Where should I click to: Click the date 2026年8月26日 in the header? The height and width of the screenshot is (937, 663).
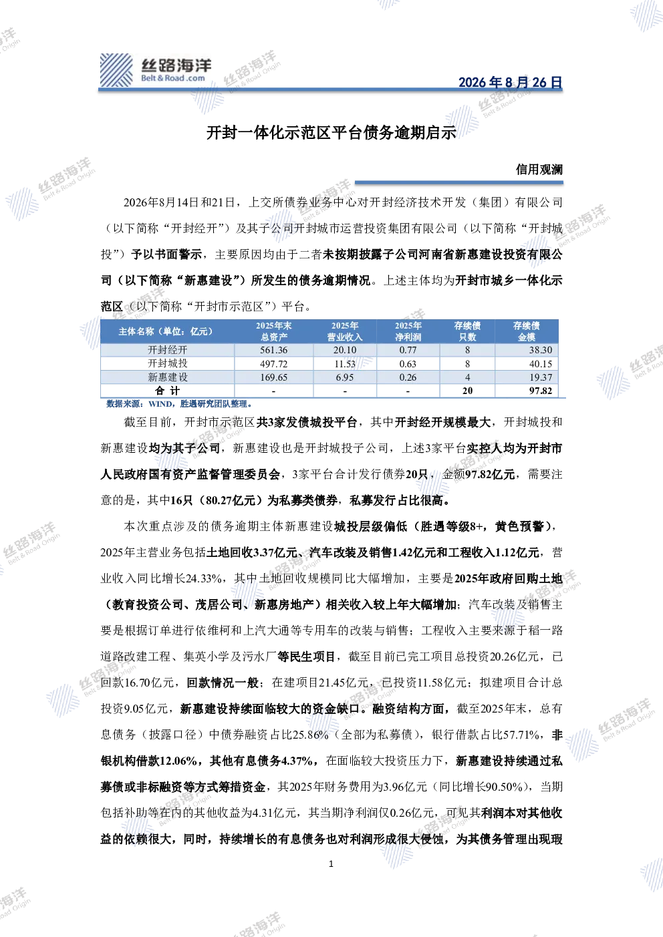(510, 82)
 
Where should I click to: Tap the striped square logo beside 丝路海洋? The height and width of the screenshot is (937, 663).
(116, 70)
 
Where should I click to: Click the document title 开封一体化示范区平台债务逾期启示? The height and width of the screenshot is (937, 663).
(331, 133)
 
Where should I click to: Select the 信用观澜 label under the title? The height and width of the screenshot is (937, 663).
(539, 170)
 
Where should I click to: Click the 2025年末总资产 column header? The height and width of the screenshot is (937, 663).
(274, 331)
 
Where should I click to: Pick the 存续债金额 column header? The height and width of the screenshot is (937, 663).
(527, 331)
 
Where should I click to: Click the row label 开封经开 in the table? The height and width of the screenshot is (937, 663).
(168, 350)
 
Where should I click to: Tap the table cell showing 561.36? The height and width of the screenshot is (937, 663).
(274, 350)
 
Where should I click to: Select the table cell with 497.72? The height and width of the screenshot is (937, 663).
(274, 364)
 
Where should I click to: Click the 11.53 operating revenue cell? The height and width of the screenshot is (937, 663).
(345, 364)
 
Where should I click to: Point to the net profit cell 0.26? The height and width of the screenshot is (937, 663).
(408, 377)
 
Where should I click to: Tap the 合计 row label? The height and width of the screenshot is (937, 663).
(168, 391)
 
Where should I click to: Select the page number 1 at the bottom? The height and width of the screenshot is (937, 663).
(331, 864)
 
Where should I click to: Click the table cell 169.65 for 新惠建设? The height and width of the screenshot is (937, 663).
(274, 377)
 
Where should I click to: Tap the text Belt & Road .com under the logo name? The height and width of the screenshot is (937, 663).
(173, 78)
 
